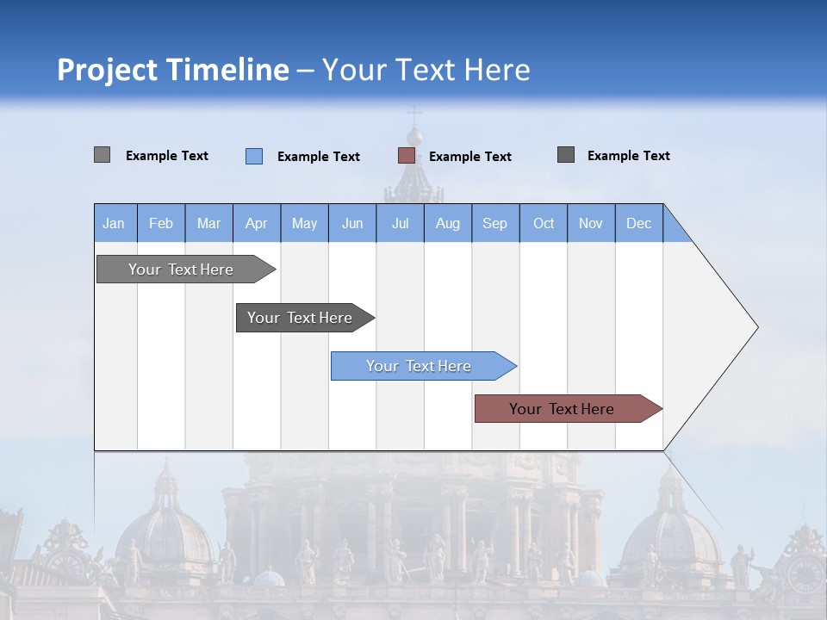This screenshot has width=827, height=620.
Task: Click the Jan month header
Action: coord(114,223)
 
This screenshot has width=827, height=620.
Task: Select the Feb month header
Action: coord(161,223)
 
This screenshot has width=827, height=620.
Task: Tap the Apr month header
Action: coord(256,223)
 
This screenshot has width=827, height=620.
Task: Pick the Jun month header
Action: coord(352,223)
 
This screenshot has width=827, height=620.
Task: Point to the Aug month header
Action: coord(447,223)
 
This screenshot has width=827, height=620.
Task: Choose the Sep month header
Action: coord(494,223)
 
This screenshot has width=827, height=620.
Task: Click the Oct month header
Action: coord(544,223)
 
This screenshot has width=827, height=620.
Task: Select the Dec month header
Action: coord(638,223)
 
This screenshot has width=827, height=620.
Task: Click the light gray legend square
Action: coord(102,155)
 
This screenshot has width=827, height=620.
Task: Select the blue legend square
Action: coord(254,156)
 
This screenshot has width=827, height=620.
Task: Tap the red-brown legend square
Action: coord(407,156)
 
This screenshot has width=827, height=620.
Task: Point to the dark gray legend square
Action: coord(566,155)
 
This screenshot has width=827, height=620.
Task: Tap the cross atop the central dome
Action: coord(414,115)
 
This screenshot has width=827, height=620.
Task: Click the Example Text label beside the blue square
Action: coord(318,157)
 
